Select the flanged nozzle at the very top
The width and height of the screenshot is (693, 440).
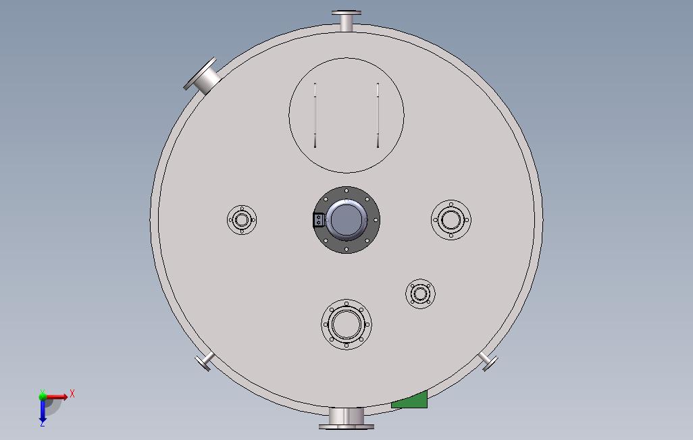[346, 21]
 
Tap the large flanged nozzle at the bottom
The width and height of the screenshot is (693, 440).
[346, 419]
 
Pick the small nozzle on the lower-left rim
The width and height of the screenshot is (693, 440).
[205, 362]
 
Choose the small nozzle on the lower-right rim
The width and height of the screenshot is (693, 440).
[488, 362]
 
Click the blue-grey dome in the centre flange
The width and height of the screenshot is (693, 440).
[346, 219]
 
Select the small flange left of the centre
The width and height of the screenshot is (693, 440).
[242, 219]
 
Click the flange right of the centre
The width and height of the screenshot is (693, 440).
[451, 219]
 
